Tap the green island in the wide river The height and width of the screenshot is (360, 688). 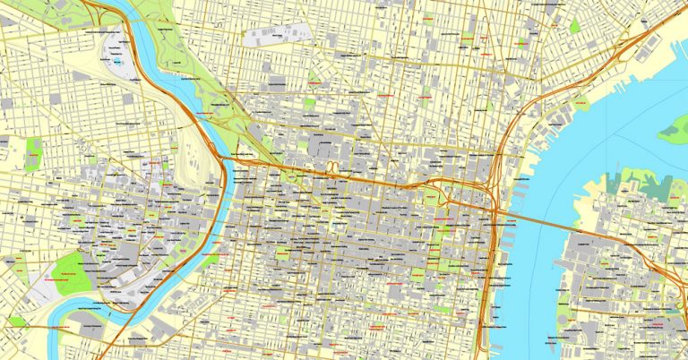pos(674,131)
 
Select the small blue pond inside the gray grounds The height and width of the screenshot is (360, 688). pos(117,64)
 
